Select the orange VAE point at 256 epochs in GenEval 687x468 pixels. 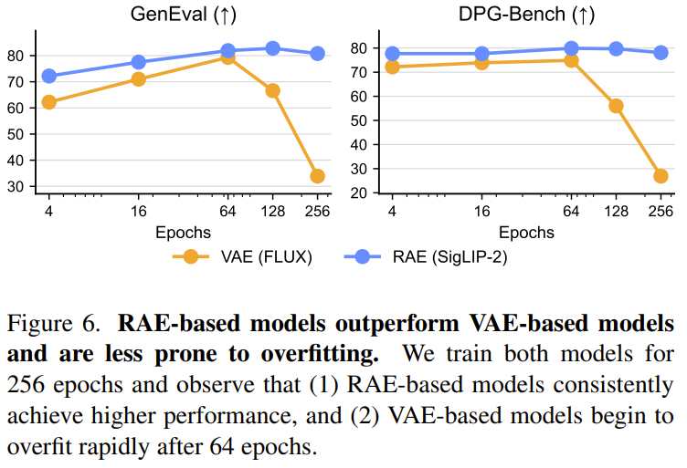[317, 176]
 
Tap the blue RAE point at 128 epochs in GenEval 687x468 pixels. [272, 48]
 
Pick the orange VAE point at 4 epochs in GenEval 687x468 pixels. [49, 102]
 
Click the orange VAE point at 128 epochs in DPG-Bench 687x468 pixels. [616, 106]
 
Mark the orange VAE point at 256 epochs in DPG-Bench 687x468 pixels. [661, 176]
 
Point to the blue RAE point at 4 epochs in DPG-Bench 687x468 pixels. [393, 54]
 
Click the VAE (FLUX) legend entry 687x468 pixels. [246, 257]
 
